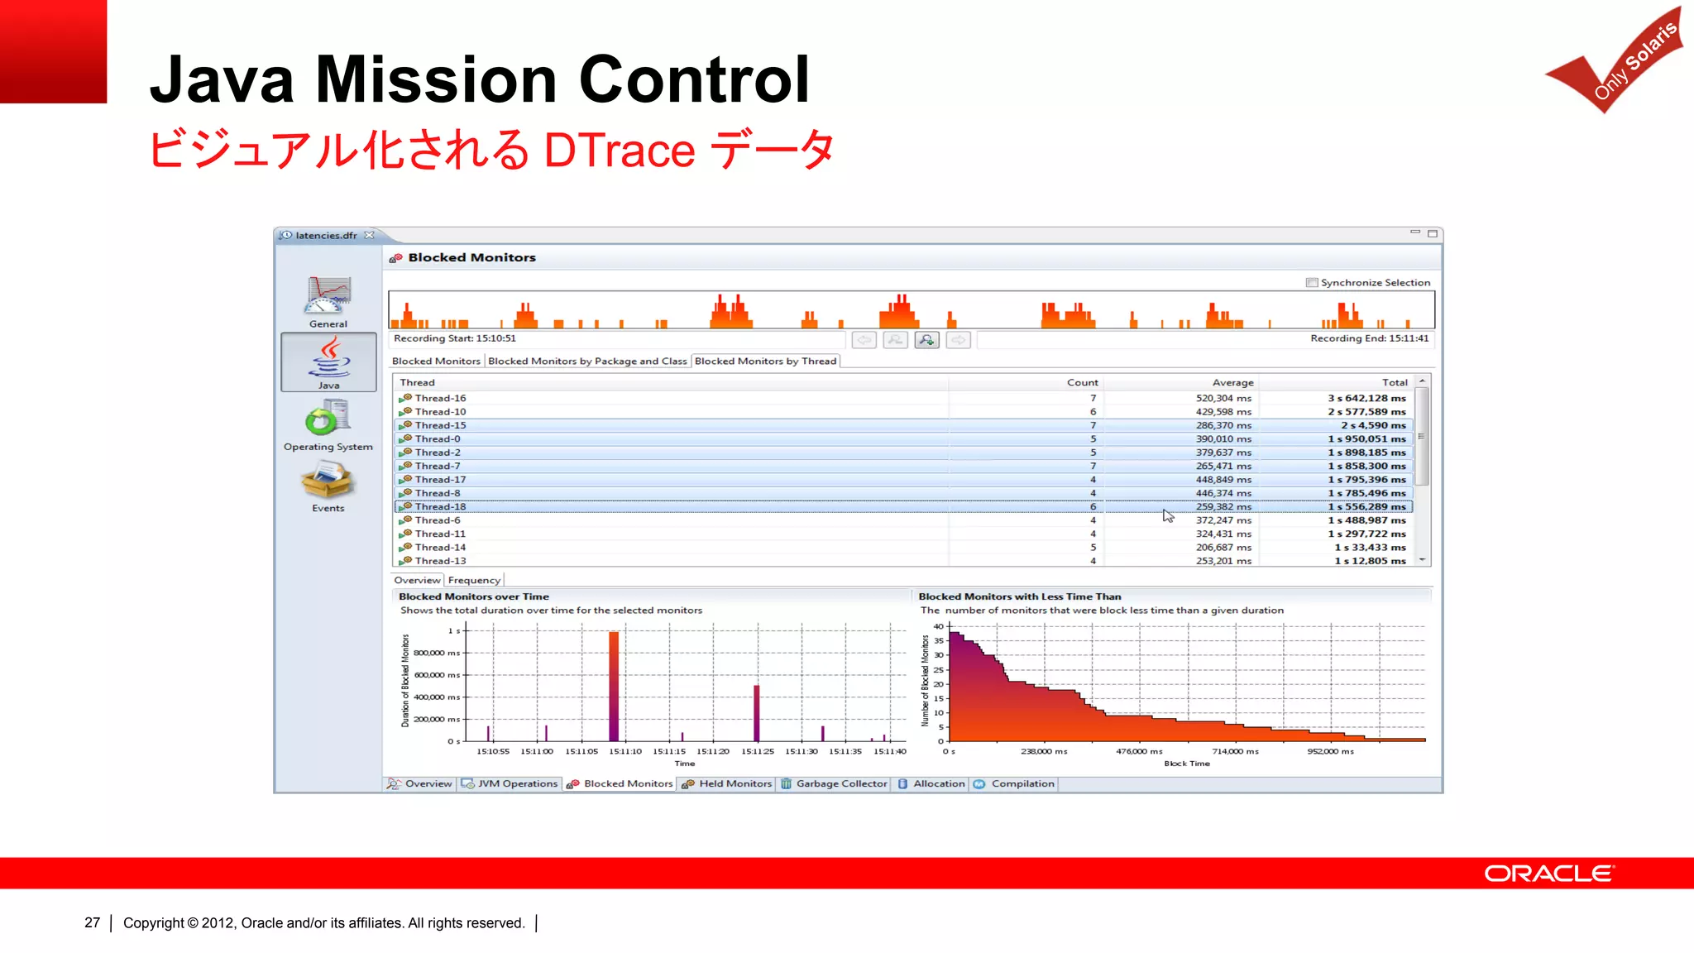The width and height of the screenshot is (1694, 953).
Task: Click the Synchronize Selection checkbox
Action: click(x=1312, y=283)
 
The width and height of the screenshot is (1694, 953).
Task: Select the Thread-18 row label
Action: click(x=440, y=507)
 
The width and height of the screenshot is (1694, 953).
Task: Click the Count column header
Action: click(x=1082, y=383)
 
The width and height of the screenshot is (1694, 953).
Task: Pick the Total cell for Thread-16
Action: click(x=1366, y=398)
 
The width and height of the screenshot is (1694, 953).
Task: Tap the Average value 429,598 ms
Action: click(x=1223, y=412)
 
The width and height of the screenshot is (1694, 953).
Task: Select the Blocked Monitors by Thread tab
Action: click(x=765, y=362)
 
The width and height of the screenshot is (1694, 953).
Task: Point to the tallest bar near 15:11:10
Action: click(x=614, y=686)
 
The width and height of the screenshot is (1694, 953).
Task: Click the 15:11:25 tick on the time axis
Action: click(x=757, y=752)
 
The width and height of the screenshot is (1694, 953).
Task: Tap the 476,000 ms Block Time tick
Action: click(x=1139, y=752)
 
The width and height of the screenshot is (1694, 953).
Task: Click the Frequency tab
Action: click(x=474, y=581)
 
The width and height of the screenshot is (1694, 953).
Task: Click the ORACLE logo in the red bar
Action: click(x=1548, y=874)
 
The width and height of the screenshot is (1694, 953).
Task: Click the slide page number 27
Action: click(x=93, y=923)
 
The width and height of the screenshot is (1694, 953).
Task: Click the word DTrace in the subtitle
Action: click(x=619, y=151)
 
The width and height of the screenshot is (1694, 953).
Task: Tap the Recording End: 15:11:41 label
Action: click(x=1369, y=338)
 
